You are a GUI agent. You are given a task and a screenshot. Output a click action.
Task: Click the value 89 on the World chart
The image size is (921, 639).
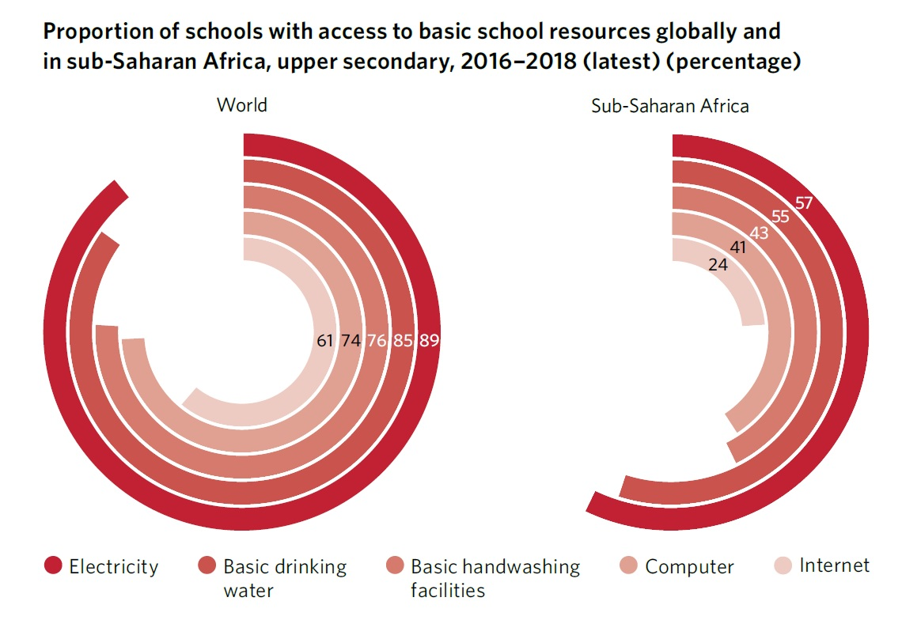(x=430, y=342)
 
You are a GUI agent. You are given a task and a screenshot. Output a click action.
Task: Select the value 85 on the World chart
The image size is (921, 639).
(x=404, y=342)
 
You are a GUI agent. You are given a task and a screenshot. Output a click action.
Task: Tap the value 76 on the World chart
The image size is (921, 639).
(x=377, y=342)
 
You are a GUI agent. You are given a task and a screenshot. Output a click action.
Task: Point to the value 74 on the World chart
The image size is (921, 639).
(x=351, y=342)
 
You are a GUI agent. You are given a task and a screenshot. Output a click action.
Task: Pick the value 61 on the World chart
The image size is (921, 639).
(x=325, y=342)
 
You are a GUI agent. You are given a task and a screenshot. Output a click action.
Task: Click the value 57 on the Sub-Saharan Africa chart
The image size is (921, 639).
(x=804, y=203)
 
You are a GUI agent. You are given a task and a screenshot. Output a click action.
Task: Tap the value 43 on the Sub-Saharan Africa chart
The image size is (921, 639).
(x=759, y=233)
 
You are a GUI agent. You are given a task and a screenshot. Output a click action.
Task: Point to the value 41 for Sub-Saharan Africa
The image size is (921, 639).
(x=738, y=248)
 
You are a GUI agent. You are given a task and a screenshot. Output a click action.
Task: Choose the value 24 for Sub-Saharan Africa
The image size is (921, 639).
(x=718, y=265)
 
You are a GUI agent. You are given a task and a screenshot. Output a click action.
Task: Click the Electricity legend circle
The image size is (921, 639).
(x=53, y=566)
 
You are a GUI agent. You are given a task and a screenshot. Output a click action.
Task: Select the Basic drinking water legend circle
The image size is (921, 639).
(x=207, y=566)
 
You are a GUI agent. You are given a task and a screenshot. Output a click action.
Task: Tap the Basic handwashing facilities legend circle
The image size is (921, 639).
(x=393, y=566)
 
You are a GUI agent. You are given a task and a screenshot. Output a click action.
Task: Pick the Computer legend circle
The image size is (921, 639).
(x=628, y=566)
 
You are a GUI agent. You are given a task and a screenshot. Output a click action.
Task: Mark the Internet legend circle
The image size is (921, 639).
(x=783, y=566)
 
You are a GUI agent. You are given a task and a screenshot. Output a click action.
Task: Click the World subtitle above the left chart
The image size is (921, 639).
(x=242, y=105)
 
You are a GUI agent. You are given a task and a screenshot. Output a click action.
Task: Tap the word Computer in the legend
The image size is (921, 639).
(x=689, y=567)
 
